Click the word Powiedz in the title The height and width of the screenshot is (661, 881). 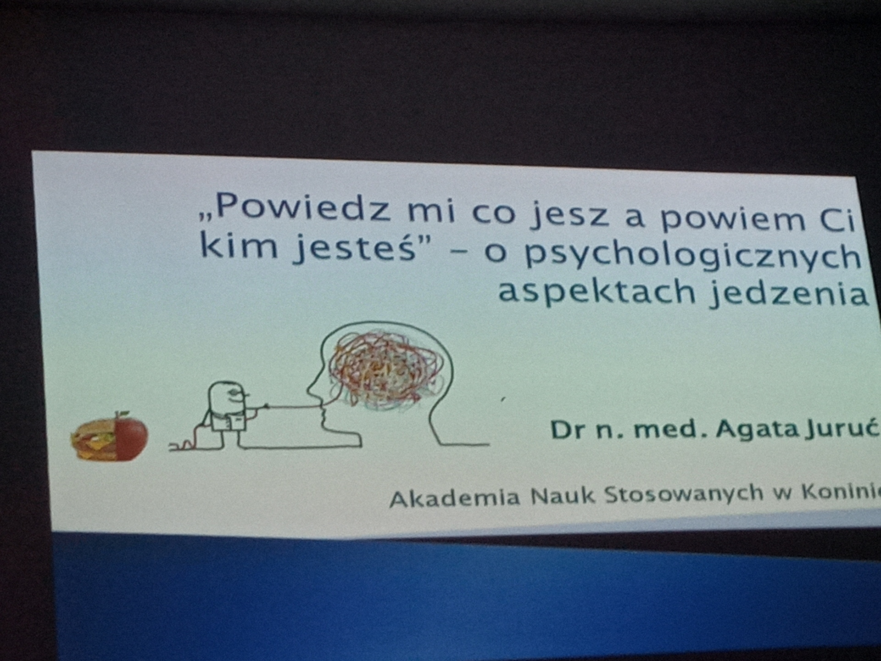tap(303, 208)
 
